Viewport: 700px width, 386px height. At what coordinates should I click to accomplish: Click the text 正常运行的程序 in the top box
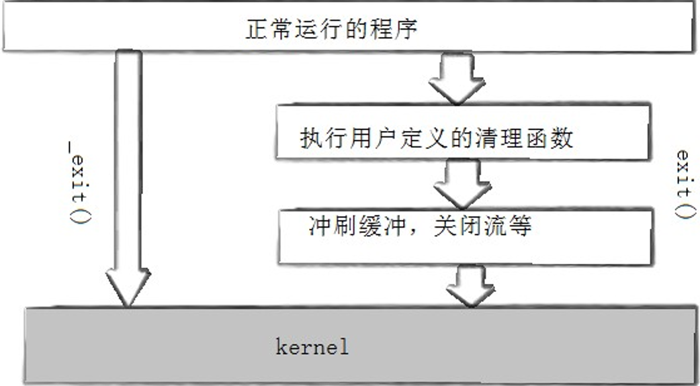pos(331,30)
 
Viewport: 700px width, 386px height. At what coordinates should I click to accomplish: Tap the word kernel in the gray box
pos(312,346)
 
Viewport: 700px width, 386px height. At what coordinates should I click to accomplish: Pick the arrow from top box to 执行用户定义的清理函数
pos(457,79)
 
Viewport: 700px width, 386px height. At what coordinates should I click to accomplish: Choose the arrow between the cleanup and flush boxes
pos(463,183)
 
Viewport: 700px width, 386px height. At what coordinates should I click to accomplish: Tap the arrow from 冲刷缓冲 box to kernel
pos(470,285)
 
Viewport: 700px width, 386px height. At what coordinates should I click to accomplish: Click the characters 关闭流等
pos(482,226)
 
